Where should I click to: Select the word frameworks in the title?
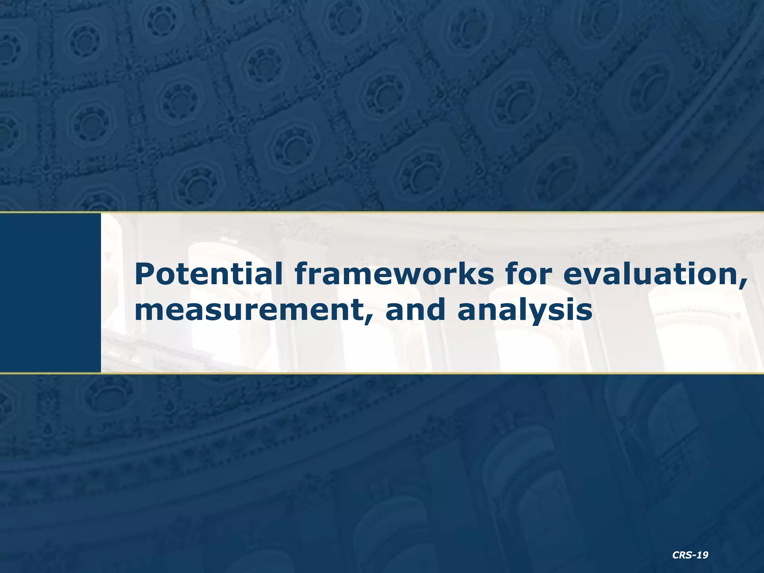(x=392, y=273)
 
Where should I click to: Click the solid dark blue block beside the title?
(x=50, y=292)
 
